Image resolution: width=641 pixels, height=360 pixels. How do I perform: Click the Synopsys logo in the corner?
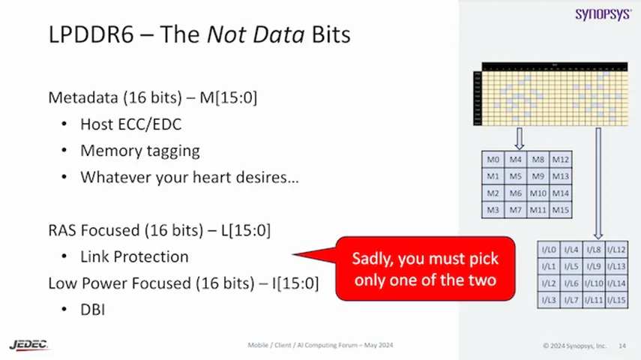603,14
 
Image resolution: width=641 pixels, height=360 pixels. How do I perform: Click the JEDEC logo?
29,344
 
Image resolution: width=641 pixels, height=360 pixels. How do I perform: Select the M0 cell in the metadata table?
493,160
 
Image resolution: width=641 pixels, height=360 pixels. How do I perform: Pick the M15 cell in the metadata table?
560,210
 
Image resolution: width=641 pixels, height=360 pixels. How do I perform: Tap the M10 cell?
538,193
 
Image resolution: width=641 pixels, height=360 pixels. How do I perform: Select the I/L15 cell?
616,300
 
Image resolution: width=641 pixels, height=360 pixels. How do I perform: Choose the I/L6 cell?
571,283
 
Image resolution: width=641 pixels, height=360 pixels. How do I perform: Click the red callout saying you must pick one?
426,268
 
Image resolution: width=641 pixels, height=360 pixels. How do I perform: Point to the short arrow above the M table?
518,138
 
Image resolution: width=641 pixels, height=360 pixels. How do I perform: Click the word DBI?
93,308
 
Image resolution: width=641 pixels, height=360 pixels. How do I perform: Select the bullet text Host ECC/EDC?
130,124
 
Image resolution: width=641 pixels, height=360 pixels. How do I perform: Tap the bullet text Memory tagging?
139,151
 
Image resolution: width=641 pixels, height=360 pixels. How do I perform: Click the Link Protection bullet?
134,256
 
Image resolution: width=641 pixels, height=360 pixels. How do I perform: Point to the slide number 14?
622,346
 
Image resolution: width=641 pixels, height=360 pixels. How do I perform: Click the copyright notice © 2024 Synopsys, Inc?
574,346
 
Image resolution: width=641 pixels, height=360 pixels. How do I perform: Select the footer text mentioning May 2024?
320,345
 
